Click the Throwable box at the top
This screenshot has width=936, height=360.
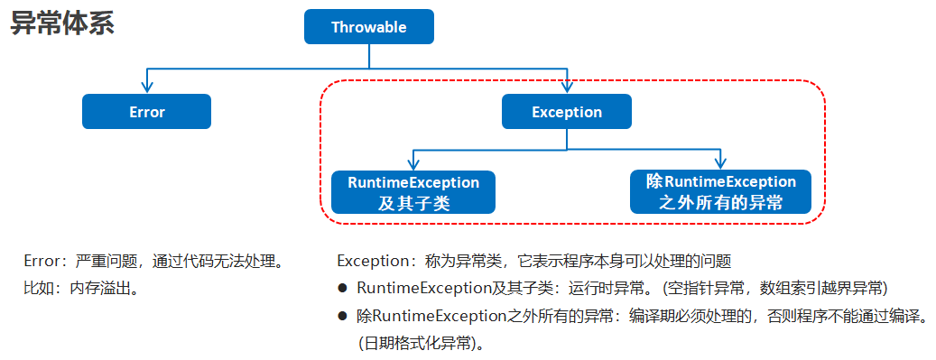(368, 27)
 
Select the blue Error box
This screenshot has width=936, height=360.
(146, 112)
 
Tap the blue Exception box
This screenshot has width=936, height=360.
(567, 112)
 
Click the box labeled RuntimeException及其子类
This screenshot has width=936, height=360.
(413, 192)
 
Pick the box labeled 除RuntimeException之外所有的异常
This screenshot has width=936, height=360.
(720, 192)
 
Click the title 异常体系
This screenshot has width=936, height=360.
(62, 24)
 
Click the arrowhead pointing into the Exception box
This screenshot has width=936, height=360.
(567, 88)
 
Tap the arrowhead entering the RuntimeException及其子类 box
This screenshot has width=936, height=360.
(413, 164)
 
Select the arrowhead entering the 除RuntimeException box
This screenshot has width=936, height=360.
(720, 164)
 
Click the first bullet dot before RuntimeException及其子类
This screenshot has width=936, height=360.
(343, 289)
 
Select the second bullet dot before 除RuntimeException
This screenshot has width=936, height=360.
(343, 317)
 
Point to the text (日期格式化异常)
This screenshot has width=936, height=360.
(421, 344)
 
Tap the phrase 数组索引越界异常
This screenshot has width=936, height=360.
(821, 289)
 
